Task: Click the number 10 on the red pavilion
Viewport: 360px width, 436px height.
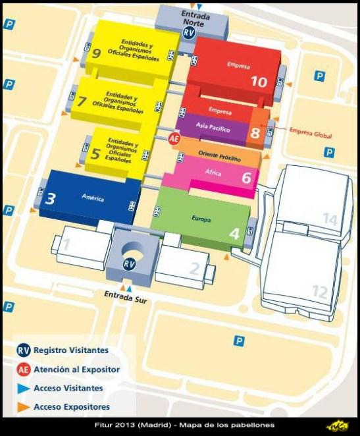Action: (x=259, y=82)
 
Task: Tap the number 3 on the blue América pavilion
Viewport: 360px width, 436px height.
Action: (x=50, y=197)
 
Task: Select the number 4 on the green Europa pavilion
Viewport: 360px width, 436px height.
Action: (x=234, y=232)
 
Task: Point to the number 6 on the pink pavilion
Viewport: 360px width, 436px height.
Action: (x=246, y=177)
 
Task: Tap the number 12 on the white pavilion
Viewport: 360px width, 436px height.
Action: (x=319, y=290)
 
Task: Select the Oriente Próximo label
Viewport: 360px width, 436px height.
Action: (x=220, y=154)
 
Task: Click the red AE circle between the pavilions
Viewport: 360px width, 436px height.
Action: (x=174, y=139)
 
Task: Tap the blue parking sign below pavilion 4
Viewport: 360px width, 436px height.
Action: (x=240, y=341)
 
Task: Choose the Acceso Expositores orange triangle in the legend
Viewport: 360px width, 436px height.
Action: (x=23, y=406)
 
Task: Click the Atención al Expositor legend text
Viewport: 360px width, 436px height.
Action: (x=76, y=369)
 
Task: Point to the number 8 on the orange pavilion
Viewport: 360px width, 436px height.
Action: (x=255, y=132)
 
